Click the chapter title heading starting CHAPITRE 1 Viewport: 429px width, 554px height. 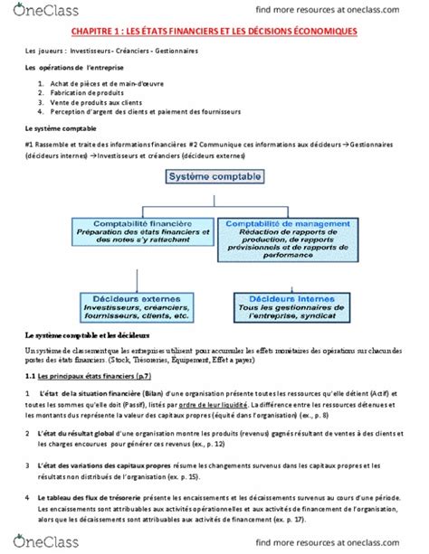point(214,33)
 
